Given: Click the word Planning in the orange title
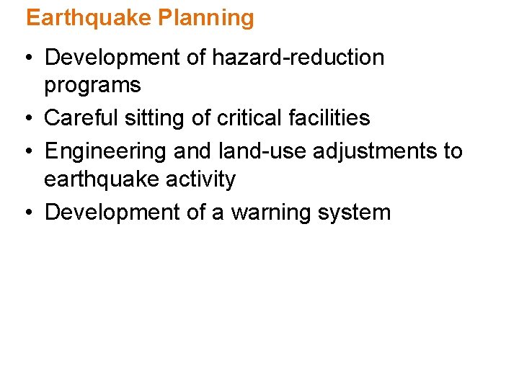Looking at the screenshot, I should pyautogui.click(x=213, y=18).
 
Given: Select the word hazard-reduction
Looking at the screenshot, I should pyautogui.click(x=298, y=58).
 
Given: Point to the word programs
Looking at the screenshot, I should pyautogui.click(x=92, y=86).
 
